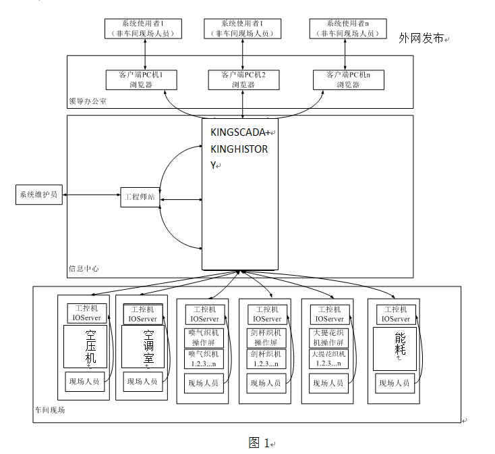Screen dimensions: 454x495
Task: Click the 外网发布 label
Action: tap(421, 39)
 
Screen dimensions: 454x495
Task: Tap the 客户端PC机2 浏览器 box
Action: tap(243, 80)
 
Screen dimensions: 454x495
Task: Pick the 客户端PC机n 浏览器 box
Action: tap(348, 80)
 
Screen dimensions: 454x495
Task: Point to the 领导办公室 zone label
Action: tap(88, 101)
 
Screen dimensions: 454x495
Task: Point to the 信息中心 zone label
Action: tap(84, 268)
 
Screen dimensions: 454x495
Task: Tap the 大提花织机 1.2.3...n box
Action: tap(328, 359)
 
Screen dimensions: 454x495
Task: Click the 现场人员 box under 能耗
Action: tap(395, 383)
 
